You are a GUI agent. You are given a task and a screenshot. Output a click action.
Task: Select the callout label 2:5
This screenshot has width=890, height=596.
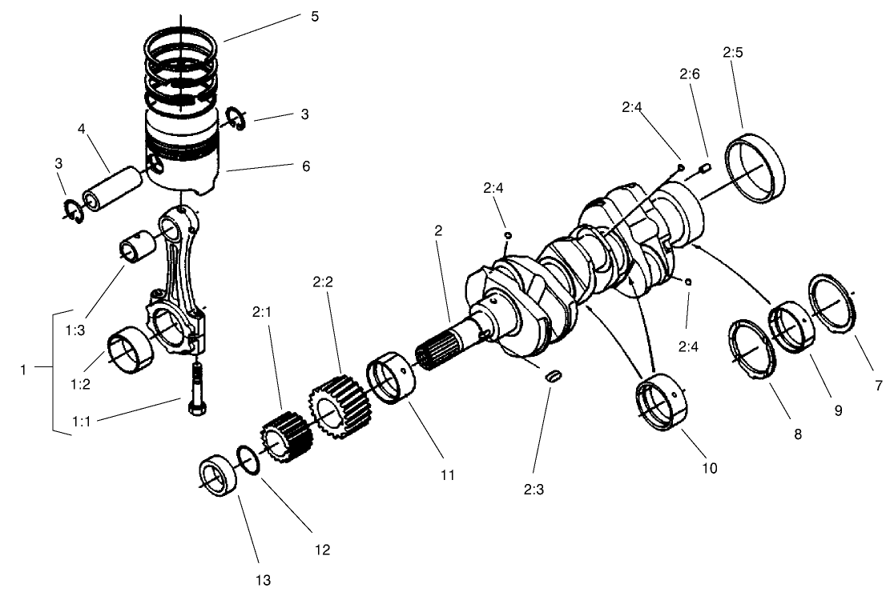coord(732,53)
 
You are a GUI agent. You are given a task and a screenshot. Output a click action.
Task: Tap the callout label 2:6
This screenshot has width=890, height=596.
coord(689,74)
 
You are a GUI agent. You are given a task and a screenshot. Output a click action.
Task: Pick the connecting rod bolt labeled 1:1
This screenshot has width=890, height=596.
coord(196,389)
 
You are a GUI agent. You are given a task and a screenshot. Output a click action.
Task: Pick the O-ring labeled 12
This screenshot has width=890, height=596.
coord(248,462)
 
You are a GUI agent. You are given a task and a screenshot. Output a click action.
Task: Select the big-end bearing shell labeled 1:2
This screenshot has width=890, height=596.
coord(129,353)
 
